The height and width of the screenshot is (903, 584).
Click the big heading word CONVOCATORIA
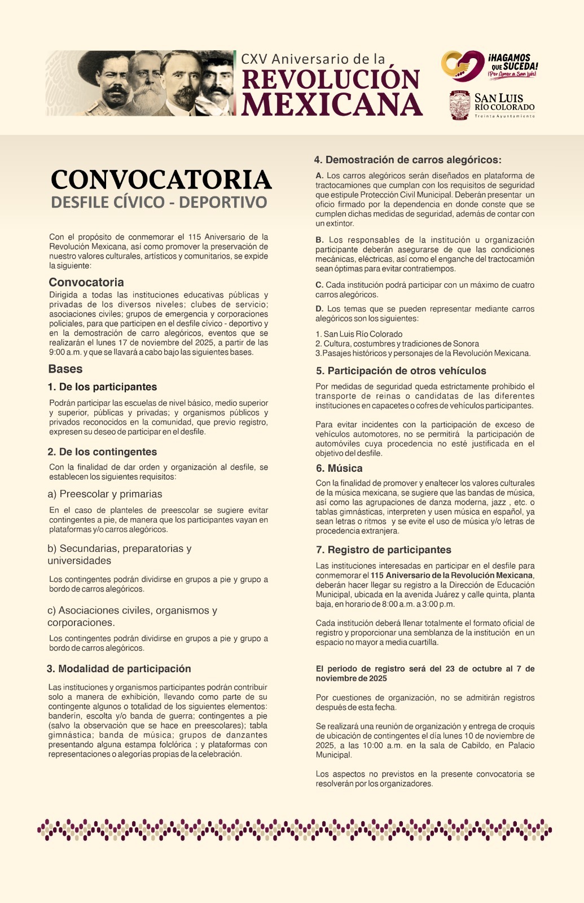(x=161, y=180)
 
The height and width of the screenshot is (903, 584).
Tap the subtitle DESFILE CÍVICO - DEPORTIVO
(x=159, y=203)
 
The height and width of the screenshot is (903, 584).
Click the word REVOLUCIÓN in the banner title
(x=331, y=80)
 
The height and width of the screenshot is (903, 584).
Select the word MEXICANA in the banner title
(x=332, y=104)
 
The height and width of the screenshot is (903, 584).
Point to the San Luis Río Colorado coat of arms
(x=459, y=105)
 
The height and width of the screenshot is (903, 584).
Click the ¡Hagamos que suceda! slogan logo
(x=489, y=65)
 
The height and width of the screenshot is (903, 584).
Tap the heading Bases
(x=65, y=369)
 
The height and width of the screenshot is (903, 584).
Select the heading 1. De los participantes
(x=102, y=387)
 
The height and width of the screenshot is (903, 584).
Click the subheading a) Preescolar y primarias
(x=105, y=494)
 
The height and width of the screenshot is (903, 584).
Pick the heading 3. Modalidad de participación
(x=119, y=669)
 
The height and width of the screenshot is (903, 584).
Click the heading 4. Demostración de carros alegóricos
(x=407, y=160)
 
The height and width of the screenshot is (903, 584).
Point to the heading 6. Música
(x=339, y=468)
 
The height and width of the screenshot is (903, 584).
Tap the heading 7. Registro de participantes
(x=384, y=550)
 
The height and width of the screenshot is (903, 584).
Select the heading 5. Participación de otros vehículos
(x=401, y=371)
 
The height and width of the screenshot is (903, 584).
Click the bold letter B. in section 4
(x=319, y=240)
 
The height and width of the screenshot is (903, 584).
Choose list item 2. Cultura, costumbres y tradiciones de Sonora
(x=397, y=344)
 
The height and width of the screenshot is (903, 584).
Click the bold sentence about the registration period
(x=425, y=673)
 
